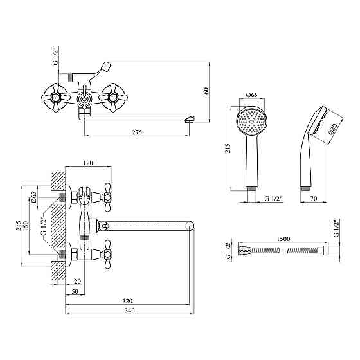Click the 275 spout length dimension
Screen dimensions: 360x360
click(x=137, y=132)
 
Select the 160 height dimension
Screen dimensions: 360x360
click(x=206, y=92)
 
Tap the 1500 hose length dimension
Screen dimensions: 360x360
click(x=283, y=239)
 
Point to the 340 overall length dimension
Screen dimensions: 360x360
click(x=130, y=310)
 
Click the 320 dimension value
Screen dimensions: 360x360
click(x=127, y=301)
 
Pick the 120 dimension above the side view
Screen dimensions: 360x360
click(x=88, y=163)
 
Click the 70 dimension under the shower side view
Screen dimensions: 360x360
click(x=314, y=199)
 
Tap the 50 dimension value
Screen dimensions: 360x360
click(x=75, y=291)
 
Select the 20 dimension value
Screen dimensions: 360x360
click(x=77, y=282)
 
